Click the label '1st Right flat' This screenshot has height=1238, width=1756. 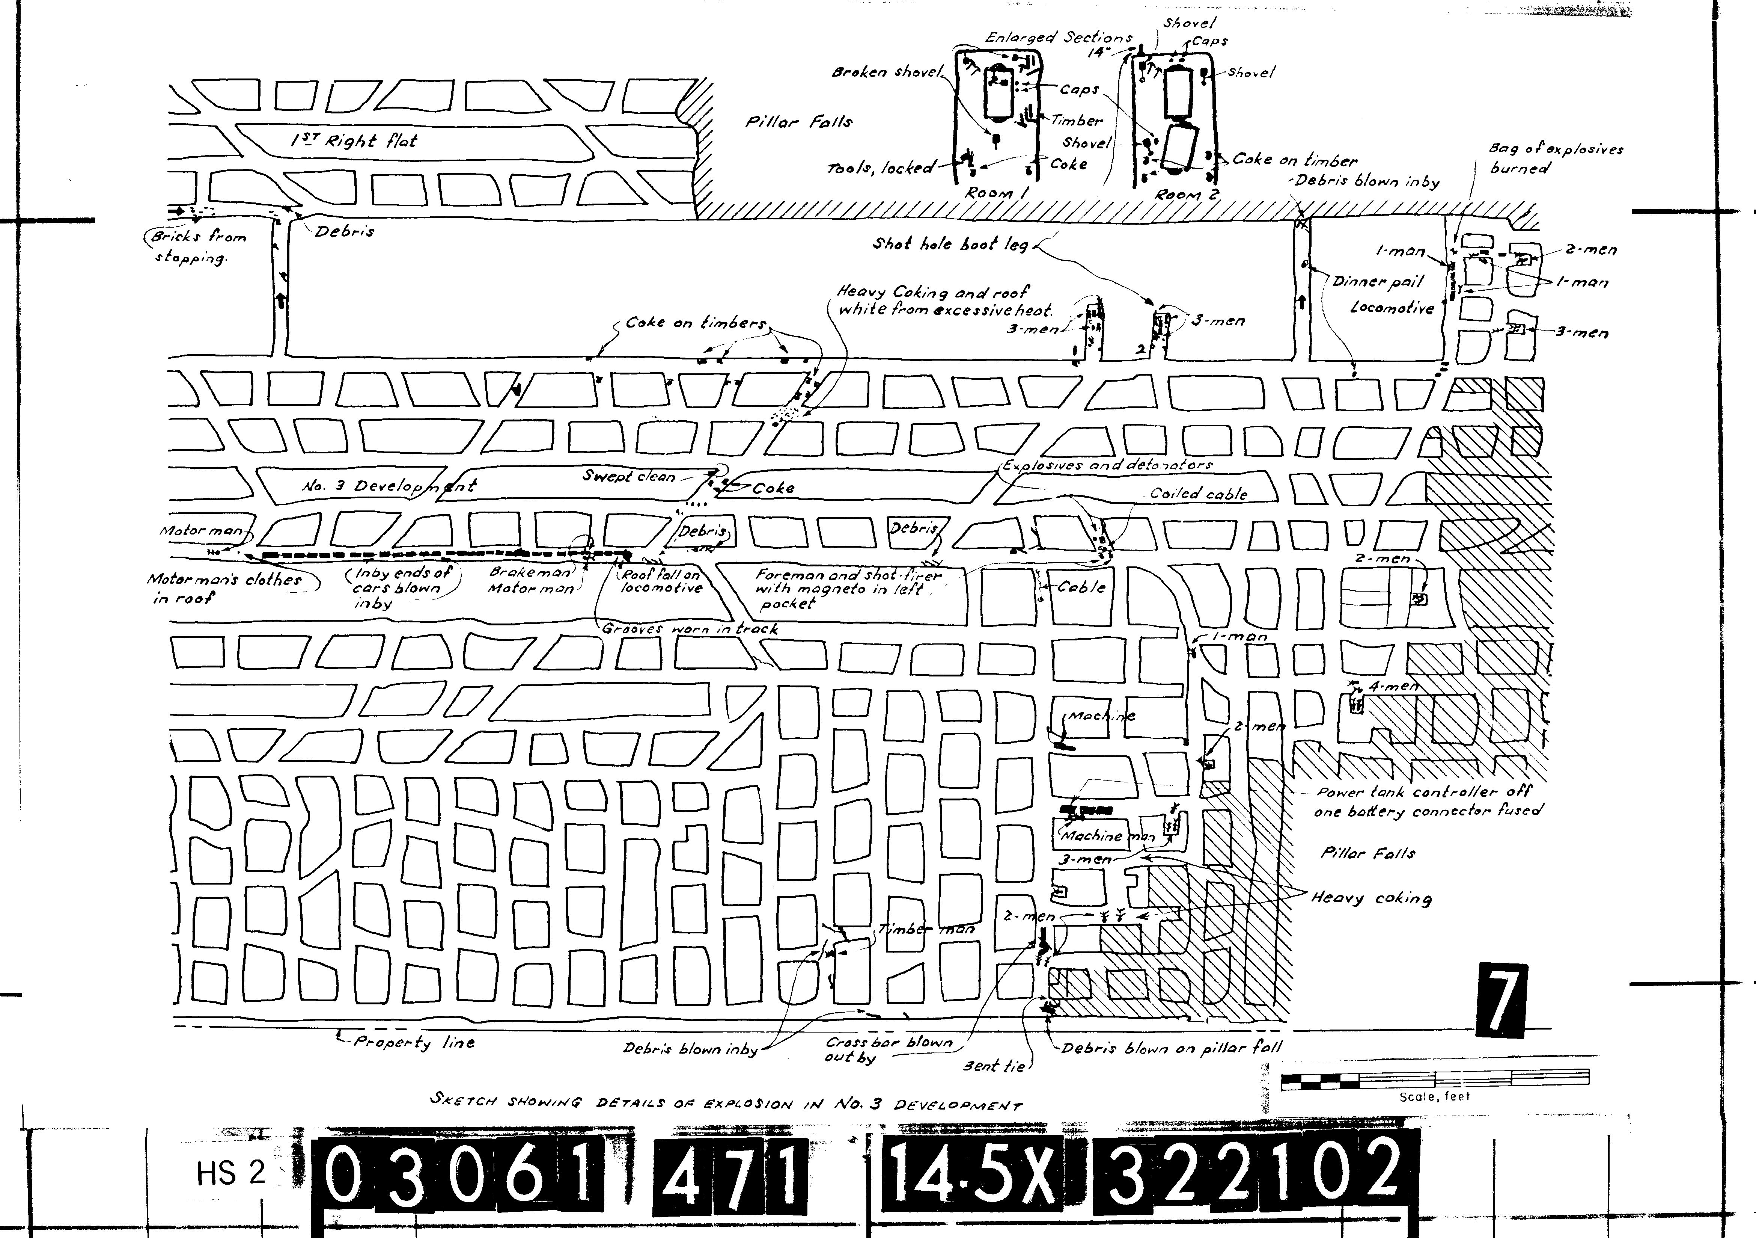[353, 141]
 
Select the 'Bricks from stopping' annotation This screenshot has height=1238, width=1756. [197, 246]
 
